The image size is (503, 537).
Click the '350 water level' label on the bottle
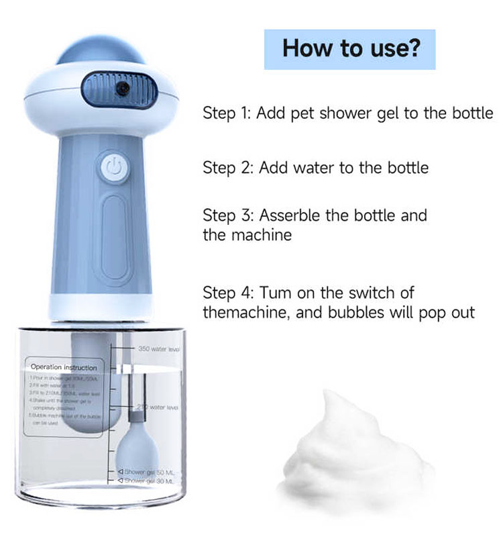(x=158, y=349)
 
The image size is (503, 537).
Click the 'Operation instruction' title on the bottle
(x=64, y=367)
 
